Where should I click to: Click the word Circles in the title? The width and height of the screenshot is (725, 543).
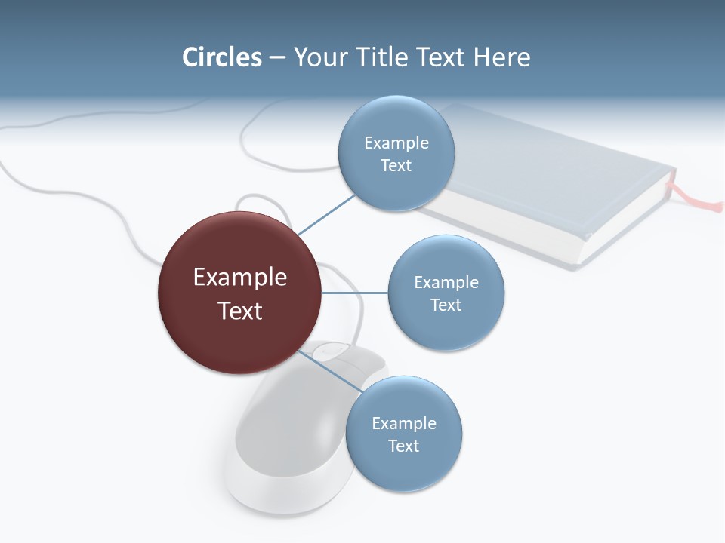click(x=221, y=57)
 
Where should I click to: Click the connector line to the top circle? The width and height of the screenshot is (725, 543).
click(x=326, y=214)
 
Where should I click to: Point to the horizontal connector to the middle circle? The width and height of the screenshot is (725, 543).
click(x=354, y=293)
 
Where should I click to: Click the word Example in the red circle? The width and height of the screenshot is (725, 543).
click(x=239, y=278)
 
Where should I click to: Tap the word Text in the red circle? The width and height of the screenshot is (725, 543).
click(x=239, y=311)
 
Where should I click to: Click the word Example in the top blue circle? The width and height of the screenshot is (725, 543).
click(x=396, y=143)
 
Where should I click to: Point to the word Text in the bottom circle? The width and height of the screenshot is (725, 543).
click(x=403, y=446)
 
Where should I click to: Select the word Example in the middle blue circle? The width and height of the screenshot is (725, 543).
click(x=446, y=283)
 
